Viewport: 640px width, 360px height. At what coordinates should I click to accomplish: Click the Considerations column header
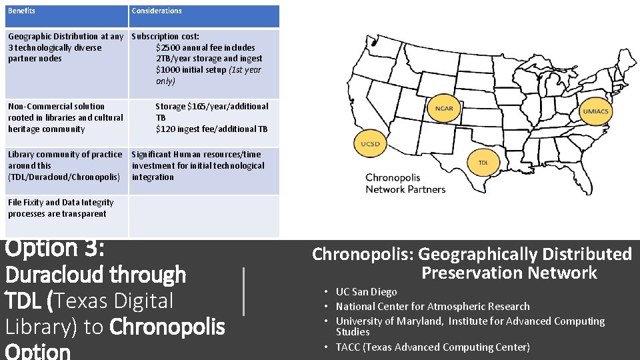click(157, 11)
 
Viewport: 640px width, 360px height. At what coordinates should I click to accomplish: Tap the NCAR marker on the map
click(444, 109)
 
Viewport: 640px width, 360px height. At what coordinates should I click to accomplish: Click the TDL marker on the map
click(483, 162)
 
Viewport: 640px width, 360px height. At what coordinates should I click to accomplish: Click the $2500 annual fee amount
click(167, 47)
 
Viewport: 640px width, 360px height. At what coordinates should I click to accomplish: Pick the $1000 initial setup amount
click(167, 70)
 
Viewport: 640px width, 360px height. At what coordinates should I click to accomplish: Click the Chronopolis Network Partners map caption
click(405, 183)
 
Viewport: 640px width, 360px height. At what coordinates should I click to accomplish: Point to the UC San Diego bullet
click(366, 292)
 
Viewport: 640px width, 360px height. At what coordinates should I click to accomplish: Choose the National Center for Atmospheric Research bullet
click(433, 307)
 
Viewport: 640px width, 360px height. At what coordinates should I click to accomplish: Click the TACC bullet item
click(433, 347)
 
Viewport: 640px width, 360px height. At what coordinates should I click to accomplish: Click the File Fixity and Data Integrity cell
click(61, 208)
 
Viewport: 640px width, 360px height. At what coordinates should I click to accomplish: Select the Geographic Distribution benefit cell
click(65, 47)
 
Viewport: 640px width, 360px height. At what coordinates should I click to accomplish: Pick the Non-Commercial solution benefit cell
click(65, 117)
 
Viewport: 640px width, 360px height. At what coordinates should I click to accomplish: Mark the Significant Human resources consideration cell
click(198, 165)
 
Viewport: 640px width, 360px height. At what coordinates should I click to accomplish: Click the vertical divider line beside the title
click(244, 291)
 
